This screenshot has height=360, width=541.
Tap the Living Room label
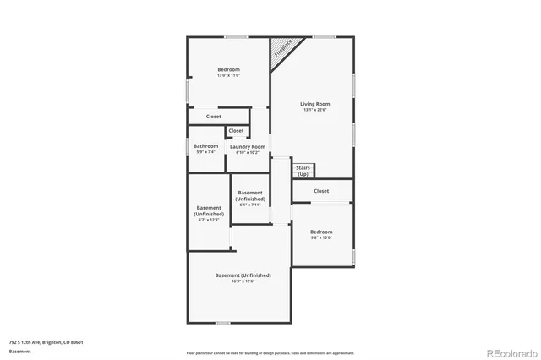314,104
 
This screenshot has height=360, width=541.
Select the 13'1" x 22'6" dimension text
314,110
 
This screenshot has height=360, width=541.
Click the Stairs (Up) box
303,171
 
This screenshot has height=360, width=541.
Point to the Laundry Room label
248,147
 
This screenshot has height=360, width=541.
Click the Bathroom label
205,146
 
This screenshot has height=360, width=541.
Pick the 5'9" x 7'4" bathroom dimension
205,152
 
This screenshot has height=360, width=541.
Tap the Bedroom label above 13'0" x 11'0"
228,69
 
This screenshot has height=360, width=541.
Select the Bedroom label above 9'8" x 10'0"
321,232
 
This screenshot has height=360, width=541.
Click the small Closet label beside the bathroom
236,131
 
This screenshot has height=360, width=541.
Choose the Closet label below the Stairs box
321,191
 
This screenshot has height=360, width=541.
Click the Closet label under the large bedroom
215,117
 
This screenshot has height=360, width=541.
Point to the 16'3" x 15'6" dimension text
243,281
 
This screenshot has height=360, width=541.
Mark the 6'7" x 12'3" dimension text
208,220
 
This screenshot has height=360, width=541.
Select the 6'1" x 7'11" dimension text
250,205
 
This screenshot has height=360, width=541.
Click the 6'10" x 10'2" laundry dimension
248,153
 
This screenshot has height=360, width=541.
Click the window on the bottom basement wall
222,322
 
